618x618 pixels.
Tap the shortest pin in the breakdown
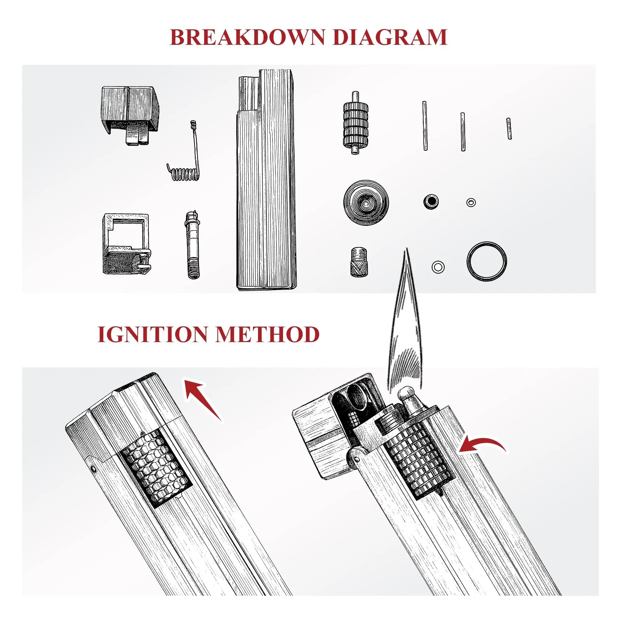tap(509, 129)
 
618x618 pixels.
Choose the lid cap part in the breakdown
tap(129, 115)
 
